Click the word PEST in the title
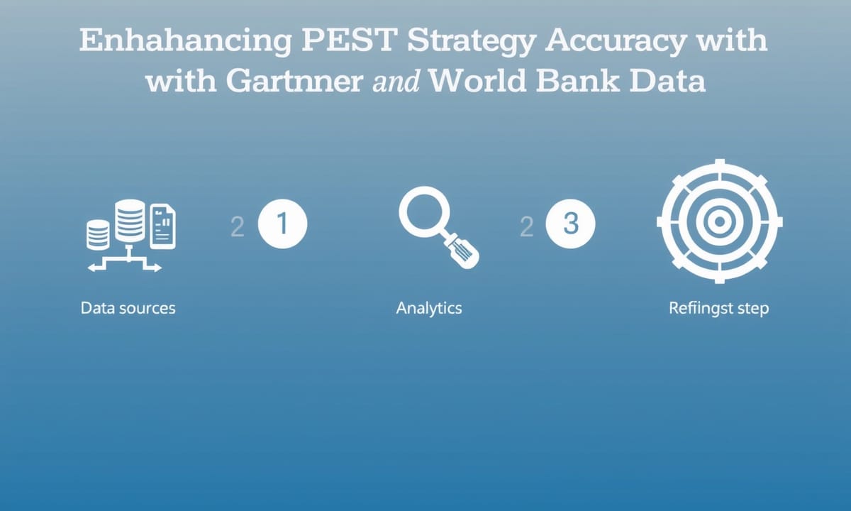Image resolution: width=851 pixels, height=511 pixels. click(349, 40)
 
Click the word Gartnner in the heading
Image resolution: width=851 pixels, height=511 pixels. click(295, 81)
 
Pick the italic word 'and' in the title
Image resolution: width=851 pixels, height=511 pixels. click(396, 81)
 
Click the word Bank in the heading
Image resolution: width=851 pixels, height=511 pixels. click(577, 81)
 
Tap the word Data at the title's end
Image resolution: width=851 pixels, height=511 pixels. click(667, 81)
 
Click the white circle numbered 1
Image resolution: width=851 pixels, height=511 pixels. click(283, 224)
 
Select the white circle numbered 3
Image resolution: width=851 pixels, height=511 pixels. click(571, 224)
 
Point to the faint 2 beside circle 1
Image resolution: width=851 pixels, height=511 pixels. click(238, 227)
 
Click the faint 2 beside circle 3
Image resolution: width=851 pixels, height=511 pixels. click(526, 227)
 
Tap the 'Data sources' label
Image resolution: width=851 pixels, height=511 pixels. click(128, 308)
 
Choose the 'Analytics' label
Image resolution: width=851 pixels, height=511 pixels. click(429, 308)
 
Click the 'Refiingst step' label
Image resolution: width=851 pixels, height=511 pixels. click(719, 308)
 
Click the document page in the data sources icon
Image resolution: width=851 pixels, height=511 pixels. click(162, 226)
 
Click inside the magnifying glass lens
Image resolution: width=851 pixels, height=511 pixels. click(424, 211)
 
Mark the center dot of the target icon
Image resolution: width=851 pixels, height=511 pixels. click(719, 221)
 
